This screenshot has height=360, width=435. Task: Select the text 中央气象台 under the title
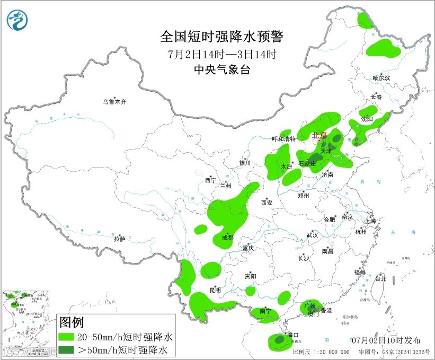click(x=222, y=69)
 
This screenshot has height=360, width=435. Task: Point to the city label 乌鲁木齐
click(x=115, y=101)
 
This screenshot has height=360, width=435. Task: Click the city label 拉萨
click(x=119, y=239)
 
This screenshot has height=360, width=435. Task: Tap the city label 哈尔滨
click(x=380, y=78)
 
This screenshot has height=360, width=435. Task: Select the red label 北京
click(x=319, y=135)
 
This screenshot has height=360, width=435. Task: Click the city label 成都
click(x=227, y=238)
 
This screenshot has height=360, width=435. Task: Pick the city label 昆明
click(x=215, y=290)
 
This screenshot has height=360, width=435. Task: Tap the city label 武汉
click(x=312, y=234)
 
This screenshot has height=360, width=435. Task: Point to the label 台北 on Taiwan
click(x=380, y=278)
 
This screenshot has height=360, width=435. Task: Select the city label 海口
click(x=292, y=335)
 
